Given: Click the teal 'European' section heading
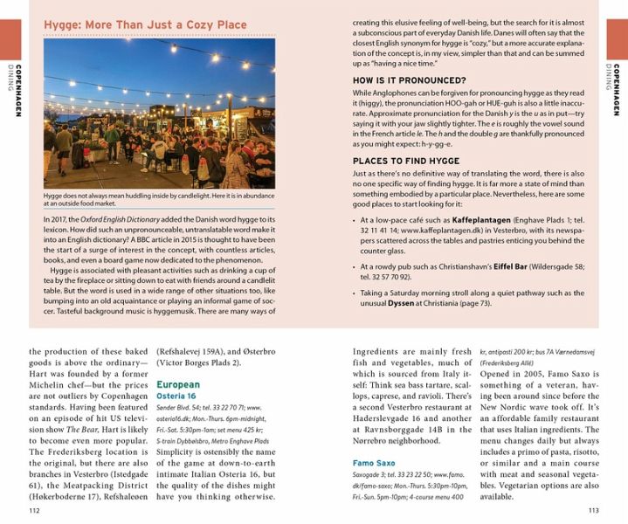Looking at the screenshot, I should point(178,384).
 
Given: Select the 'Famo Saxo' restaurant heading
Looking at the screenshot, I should point(374,463).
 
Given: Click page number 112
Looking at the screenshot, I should point(35,510).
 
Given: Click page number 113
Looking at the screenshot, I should point(593,510).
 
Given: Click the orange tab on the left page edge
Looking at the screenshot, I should point(9,38).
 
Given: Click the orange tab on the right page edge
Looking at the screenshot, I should point(618,38).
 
